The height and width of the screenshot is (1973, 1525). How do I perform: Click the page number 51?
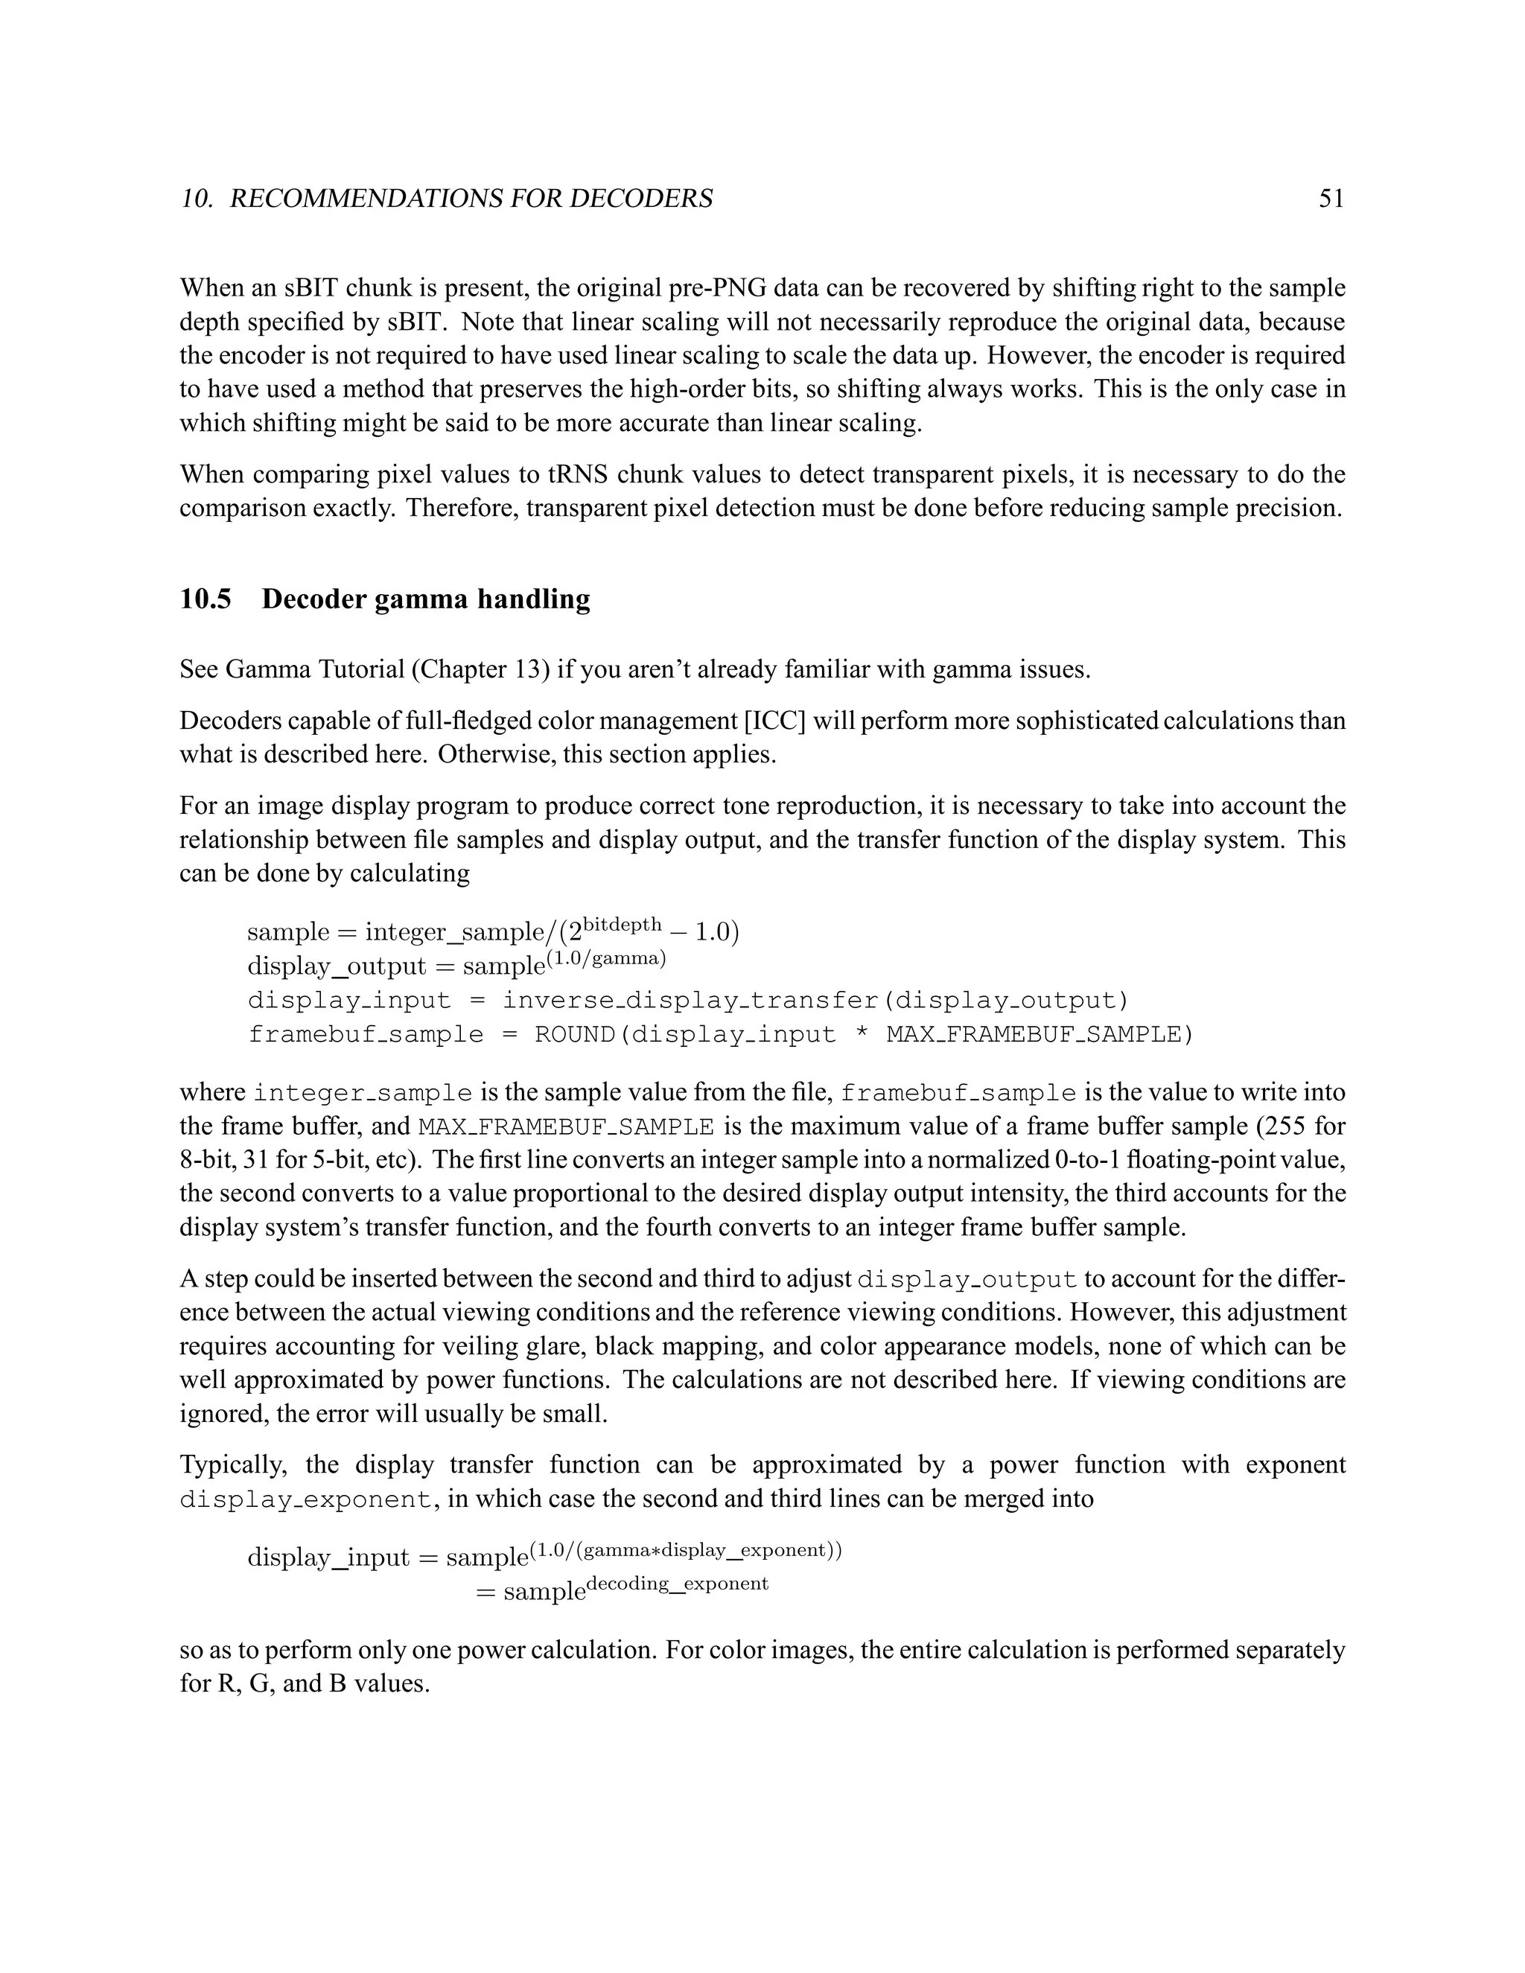pyautogui.click(x=1331, y=199)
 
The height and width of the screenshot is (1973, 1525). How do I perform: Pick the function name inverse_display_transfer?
pyautogui.click(x=690, y=1001)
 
